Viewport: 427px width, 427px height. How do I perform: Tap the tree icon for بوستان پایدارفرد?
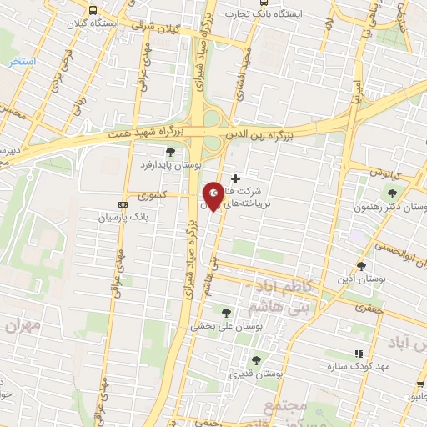(170, 152)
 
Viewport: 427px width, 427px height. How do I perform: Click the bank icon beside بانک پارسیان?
(123, 203)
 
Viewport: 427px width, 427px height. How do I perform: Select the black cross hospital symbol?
(235, 178)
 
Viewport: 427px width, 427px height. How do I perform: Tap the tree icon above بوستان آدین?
(361, 265)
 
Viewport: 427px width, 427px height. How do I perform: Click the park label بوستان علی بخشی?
(227, 326)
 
